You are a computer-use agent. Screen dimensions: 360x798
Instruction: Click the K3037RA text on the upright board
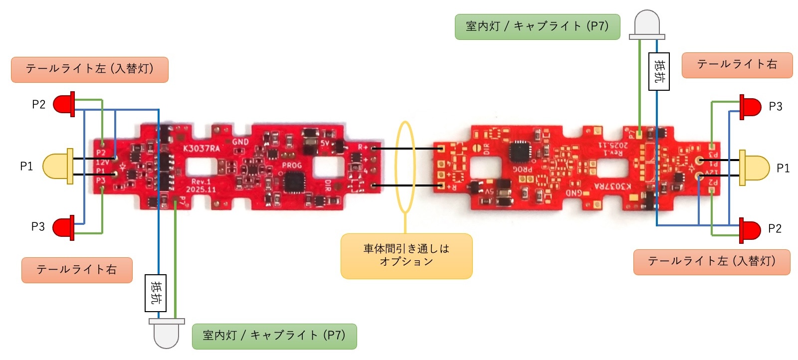tap(201, 148)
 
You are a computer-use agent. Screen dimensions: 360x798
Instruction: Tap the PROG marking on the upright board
tap(292, 165)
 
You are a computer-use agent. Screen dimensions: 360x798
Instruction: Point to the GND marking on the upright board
tap(240, 142)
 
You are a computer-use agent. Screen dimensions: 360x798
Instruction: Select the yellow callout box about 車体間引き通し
tap(406, 256)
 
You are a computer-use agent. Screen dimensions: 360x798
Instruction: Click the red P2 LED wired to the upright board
tap(64, 104)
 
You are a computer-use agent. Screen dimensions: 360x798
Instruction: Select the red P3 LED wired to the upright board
tap(64, 227)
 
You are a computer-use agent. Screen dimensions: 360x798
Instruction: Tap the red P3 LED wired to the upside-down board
tap(750, 107)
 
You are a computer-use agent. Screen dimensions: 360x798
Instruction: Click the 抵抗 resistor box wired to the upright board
tap(156, 293)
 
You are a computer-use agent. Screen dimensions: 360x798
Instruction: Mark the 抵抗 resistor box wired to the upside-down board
tap(659, 71)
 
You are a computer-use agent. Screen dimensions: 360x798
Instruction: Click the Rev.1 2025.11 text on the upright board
tap(201, 185)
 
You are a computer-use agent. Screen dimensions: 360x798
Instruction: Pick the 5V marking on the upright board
tap(325, 144)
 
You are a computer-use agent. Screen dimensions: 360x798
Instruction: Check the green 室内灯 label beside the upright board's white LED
tap(274, 336)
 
